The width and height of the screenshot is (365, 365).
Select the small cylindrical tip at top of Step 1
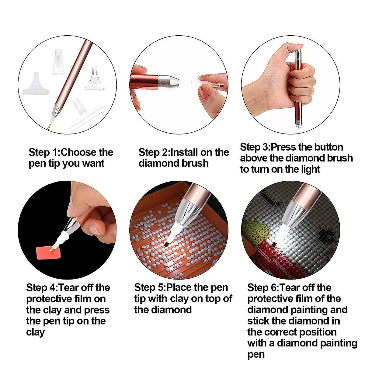(x=58, y=62)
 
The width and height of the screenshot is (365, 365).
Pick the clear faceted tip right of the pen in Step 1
(x=95, y=80)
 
